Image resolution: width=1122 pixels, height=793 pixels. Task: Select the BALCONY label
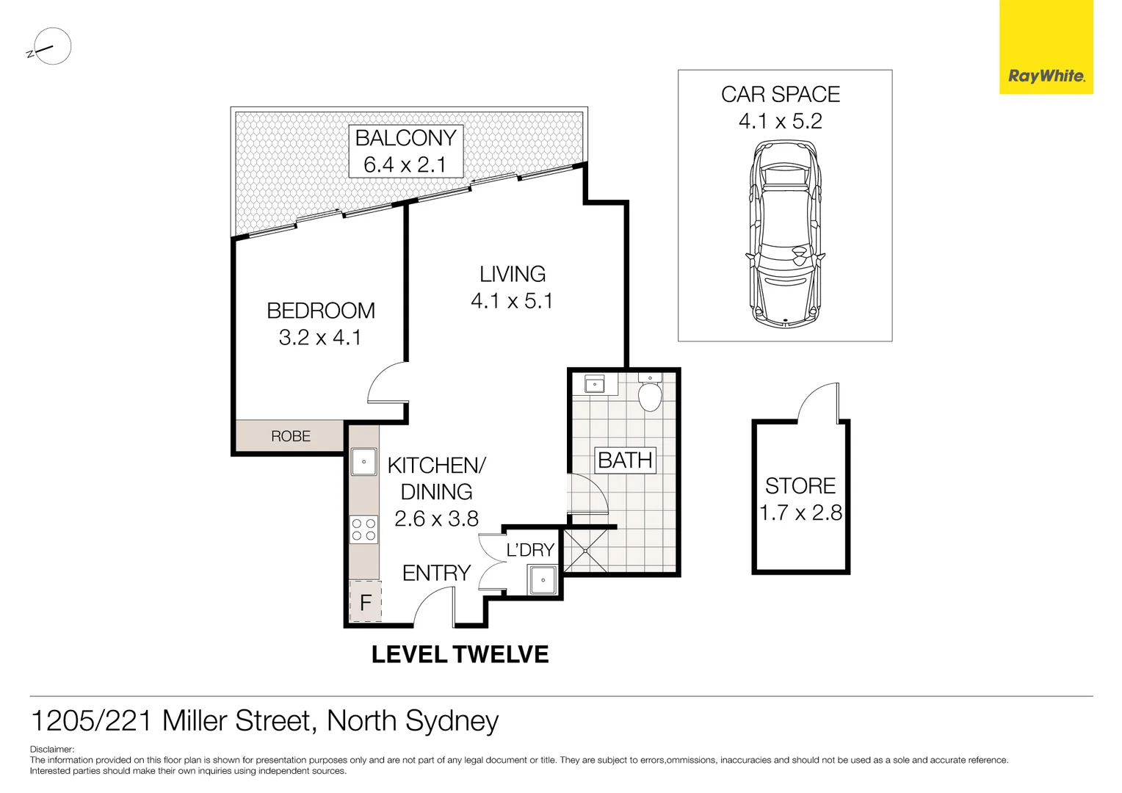405,138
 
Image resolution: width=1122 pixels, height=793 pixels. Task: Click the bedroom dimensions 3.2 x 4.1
319,338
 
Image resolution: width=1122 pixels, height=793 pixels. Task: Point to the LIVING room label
513,274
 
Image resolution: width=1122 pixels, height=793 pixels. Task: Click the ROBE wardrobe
290,436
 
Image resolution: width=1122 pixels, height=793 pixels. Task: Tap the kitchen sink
363,463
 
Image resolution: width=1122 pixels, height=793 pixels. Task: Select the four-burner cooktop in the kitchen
363,529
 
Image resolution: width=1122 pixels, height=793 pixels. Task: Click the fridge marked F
365,603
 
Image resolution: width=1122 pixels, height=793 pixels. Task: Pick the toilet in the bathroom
650,394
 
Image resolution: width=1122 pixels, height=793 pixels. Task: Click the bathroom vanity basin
594,384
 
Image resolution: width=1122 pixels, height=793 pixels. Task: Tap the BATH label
625,460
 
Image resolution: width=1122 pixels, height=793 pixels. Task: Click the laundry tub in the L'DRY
543,580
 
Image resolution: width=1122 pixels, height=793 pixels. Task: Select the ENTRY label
436,573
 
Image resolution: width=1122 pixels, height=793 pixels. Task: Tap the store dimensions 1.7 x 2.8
800,513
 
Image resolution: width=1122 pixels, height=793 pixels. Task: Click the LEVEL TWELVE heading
460,654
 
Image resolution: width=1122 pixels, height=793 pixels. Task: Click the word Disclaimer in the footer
51,750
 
